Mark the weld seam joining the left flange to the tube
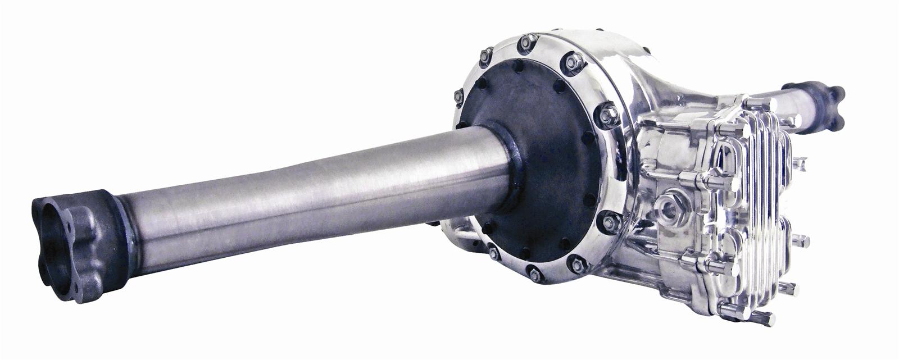[127, 236]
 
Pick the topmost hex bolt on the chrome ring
[527, 42]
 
